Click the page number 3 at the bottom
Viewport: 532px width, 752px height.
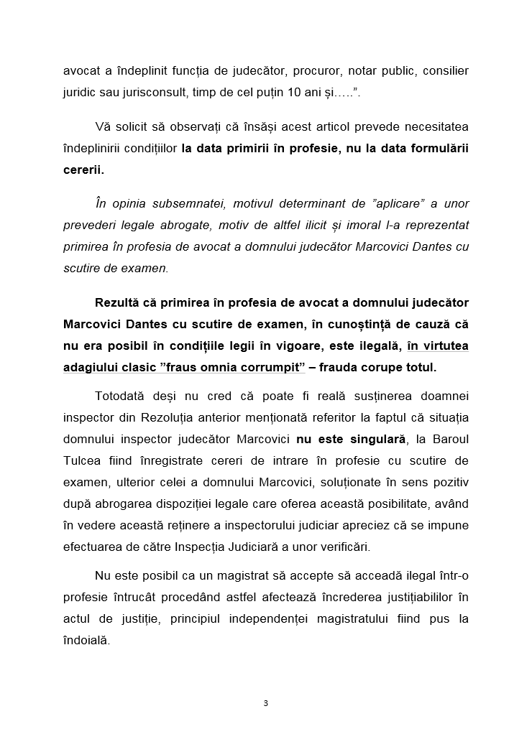[266, 702]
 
